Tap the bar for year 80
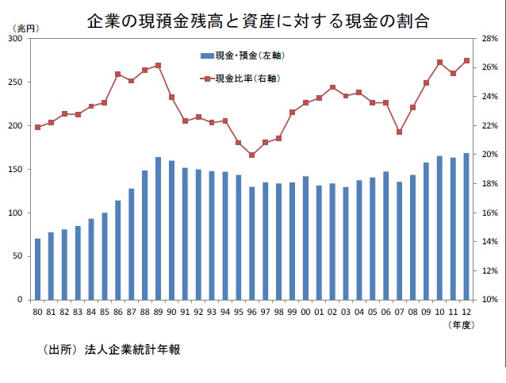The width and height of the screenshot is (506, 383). [x=37, y=269]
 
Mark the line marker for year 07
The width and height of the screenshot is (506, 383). [x=399, y=132]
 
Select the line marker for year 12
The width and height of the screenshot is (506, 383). [x=466, y=60]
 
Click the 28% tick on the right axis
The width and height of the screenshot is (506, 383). [x=488, y=39]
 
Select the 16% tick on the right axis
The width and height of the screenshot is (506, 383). [x=488, y=213]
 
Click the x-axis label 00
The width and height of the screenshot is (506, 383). [x=291, y=312]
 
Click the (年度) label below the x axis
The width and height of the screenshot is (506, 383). [x=461, y=325]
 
